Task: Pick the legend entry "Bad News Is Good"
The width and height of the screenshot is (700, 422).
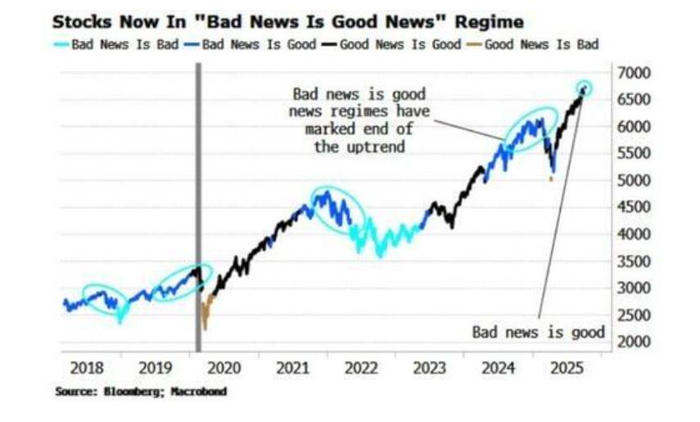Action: click(x=259, y=44)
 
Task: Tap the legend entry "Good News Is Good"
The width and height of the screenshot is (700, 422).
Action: click(x=400, y=44)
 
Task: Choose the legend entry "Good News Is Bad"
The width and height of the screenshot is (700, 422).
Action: click(x=541, y=44)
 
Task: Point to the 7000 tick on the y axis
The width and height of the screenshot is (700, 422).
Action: click(x=634, y=73)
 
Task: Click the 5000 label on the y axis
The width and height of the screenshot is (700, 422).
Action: click(x=634, y=180)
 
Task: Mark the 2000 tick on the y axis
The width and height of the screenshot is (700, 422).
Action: click(x=634, y=342)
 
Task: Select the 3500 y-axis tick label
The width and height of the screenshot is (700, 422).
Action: click(x=634, y=261)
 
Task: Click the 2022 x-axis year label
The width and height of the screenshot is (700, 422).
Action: click(x=360, y=368)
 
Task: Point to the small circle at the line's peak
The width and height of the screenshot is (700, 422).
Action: click(x=584, y=88)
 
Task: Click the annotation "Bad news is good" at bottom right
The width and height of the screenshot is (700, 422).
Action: click(x=538, y=332)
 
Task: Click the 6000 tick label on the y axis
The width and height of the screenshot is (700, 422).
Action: click(x=634, y=127)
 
